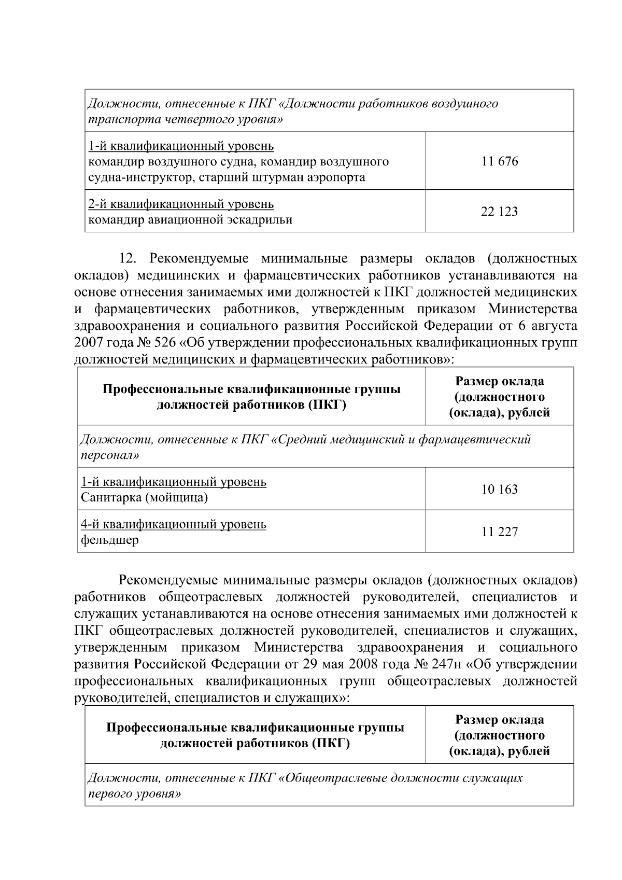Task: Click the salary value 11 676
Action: tap(499, 161)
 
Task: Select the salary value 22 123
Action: tap(499, 212)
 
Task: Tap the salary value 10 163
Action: tap(499, 490)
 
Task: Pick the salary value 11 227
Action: tap(499, 532)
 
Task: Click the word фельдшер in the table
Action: tap(109, 540)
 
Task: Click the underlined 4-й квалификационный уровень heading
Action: tap(173, 524)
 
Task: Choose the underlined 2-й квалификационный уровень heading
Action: tap(180, 204)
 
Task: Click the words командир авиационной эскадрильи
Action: tap(190, 220)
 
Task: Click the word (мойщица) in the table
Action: tap(176, 498)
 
